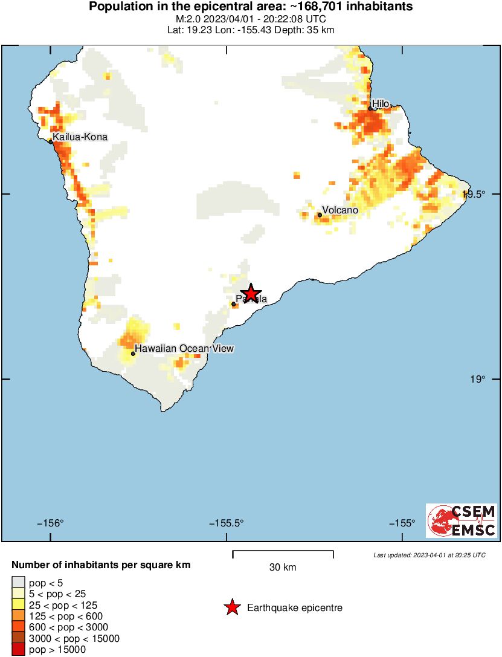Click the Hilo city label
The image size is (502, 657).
381,104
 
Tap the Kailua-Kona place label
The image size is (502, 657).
80,137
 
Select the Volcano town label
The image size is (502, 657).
339,210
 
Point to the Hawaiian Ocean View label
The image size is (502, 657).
184,348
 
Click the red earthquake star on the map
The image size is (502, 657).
251,293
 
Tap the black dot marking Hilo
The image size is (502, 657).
370,109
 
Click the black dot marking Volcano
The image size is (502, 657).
320,215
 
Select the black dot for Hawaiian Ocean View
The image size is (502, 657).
133,353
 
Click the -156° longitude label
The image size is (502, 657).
51,523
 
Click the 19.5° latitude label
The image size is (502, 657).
474,194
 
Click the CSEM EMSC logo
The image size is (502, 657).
462,521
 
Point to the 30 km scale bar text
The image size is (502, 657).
283,567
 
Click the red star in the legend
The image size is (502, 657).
232,607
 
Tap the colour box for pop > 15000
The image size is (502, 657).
18,650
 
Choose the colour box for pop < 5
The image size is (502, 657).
18,583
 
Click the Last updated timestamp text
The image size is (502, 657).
429,555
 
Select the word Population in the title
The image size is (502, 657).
118,7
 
